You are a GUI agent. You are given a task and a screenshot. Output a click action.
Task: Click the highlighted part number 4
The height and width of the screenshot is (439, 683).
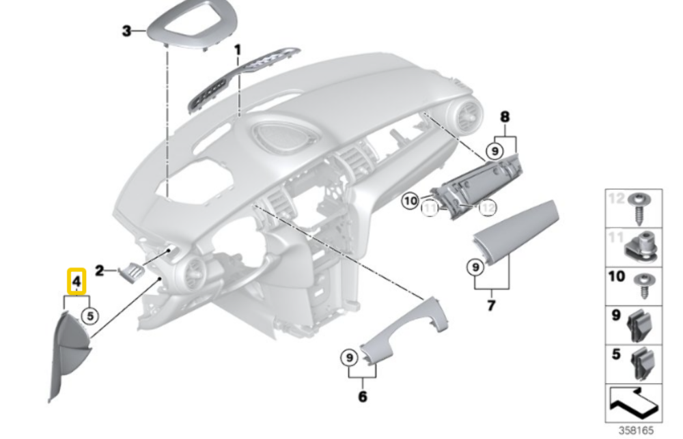(76, 281)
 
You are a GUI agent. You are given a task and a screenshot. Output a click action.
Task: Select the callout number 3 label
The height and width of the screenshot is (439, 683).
(126, 31)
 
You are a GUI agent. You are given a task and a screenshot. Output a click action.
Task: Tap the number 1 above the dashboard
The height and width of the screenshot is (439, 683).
(238, 50)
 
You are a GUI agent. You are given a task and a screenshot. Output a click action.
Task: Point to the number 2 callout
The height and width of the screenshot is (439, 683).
(100, 271)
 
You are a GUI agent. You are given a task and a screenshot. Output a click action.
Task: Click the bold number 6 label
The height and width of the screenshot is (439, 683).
(362, 396)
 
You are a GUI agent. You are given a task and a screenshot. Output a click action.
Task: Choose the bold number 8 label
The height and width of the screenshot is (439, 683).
(505, 117)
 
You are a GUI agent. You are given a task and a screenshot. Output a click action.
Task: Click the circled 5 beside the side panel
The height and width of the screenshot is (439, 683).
(89, 315)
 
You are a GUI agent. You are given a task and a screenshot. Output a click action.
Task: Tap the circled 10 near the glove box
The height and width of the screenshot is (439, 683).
(410, 201)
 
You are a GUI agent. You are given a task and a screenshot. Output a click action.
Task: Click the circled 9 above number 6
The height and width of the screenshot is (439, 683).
(348, 356)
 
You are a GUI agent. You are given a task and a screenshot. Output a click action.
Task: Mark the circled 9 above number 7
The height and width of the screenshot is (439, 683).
(474, 266)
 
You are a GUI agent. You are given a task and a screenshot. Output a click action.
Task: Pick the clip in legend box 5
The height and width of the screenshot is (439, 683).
(641, 363)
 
